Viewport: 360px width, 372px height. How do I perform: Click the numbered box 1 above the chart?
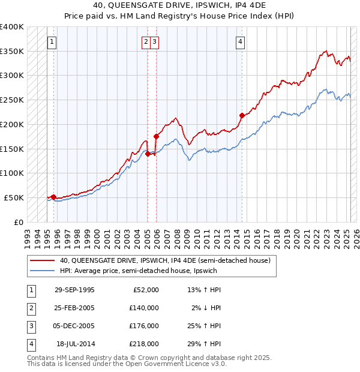tap(53, 42)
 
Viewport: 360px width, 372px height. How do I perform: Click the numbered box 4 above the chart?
tap(240, 42)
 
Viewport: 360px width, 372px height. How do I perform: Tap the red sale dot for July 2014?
tap(241, 115)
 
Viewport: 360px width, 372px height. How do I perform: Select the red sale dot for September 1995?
tap(53, 196)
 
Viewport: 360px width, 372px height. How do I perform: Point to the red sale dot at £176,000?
tap(156, 136)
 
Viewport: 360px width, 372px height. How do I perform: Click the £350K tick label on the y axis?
tap(12, 52)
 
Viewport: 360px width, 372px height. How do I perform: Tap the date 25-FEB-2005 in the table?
tap(74, 308)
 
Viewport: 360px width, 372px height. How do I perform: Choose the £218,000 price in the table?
tap(145, 344)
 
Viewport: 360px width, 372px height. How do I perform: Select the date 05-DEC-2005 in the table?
tap(74, 326)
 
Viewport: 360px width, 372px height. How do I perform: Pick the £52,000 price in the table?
tap(146, 290)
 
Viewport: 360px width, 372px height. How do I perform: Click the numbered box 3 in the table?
tap(30, 326)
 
